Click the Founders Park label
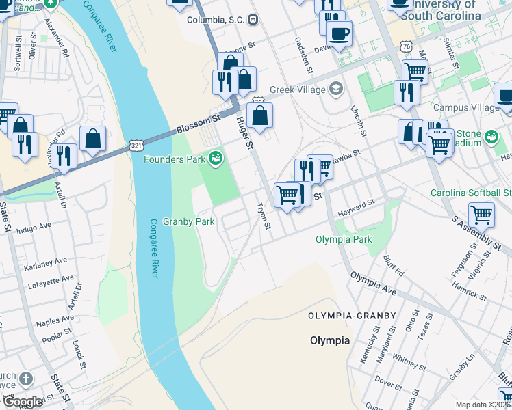point(175,159)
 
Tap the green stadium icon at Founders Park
point(216,159)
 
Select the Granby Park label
point(189,222)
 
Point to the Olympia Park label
point(343,240)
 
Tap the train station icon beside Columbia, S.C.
point(254,20)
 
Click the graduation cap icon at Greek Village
point(336,89)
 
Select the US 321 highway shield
point(137,146)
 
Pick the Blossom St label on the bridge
point(198,124)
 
